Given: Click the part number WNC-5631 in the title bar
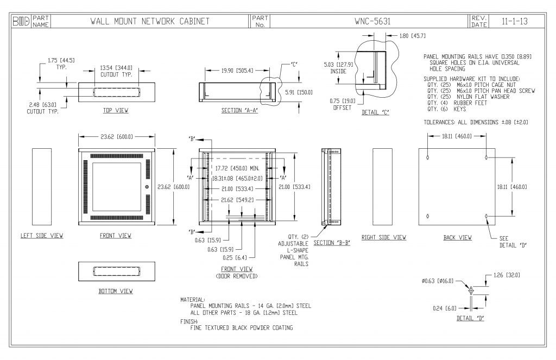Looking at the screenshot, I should pyautogui.click(x=372, y=21).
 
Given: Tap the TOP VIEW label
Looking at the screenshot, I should pyautogui.click(x=116, y=110).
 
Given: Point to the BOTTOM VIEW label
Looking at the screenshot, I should pyautogui.click(x=116, y=291).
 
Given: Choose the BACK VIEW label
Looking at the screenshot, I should pyautogui.click(x=457, y=237).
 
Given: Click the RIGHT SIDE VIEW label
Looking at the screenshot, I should pyautogui.click(x=383, y=237).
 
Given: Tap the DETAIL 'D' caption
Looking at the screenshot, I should pyautogui.click(x=470, y=318).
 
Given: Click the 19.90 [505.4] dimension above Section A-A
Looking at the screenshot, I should pyautogui.click(x=237, y=70).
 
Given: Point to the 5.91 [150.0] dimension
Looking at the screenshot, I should pyautogui.click(x=299, y=92).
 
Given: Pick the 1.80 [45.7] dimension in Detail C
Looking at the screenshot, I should pyautogui.click(x=412, y=36).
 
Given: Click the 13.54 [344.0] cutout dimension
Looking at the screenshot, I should pyautogui.click(x=116, y=67).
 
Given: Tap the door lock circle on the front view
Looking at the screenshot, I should pyautogui.click(x=147, y=187).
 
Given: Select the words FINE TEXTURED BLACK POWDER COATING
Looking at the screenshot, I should pyautogui.click(x=242, y=328).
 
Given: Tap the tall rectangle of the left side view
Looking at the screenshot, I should pyautogui.click(x=41, y=187).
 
